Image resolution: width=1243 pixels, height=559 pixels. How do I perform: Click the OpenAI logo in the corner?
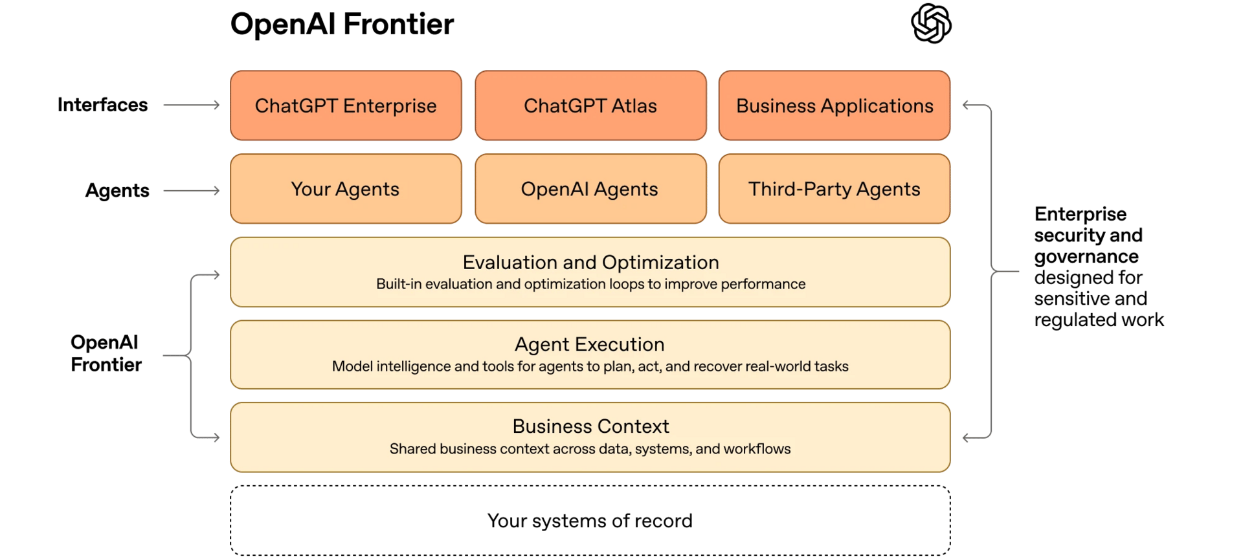click(931, 23)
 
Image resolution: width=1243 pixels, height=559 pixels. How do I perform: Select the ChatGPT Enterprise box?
click(346, 105)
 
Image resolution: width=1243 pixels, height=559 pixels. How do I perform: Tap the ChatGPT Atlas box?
click(590, 105)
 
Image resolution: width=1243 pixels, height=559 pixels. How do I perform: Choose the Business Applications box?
click(834, 105)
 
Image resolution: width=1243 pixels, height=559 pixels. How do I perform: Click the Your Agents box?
click(346, 189)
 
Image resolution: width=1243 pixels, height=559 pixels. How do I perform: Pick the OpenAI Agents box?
click(590, 189)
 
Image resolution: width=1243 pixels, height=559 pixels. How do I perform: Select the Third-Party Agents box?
click(834, 189)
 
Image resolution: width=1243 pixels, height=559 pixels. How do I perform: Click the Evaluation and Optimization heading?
click(590, 262)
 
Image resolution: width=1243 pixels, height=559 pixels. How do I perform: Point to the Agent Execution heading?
click(590, 344)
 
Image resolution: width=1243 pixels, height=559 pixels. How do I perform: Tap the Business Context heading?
click(590, 426)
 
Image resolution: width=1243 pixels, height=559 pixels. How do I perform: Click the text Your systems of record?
click(590, 521)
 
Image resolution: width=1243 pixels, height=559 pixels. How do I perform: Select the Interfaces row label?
click(102, 105)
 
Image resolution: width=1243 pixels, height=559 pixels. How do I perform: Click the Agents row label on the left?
click(117, 190)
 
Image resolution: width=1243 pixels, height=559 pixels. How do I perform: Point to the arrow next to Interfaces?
click(192, 105)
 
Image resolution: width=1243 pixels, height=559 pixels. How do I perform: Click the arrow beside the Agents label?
click(192, 191)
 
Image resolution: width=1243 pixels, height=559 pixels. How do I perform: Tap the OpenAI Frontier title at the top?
click(342, 24)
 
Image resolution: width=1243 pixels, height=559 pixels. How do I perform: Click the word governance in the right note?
click(1086, 257)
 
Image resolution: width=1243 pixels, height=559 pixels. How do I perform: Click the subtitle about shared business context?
click(590, 449)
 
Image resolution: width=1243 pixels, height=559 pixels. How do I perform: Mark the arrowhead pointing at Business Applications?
click(966, 105)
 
